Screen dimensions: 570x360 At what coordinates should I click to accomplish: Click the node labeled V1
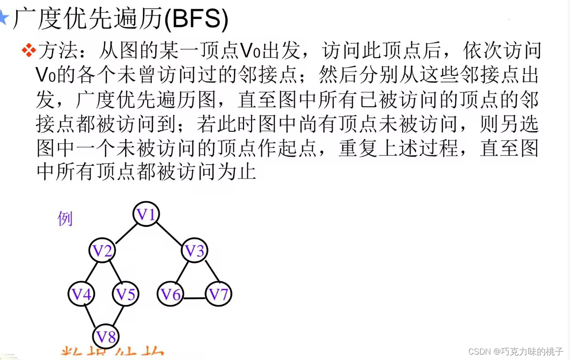coord(147,215)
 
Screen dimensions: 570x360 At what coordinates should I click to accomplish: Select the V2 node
coord(103,251)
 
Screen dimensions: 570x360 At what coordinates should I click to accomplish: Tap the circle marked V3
coord(195,251)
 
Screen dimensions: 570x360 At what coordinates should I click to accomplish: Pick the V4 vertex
coord(82,294)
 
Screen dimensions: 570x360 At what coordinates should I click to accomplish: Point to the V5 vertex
coord(126,294)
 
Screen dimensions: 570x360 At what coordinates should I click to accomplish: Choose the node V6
coord(171,295)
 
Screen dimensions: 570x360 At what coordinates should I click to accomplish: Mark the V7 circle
coord(219,295)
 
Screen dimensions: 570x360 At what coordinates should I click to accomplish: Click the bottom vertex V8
coord(107,336)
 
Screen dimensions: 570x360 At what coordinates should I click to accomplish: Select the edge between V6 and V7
coord(195,298)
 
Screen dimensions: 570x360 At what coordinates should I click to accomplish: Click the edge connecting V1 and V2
coord(125,233)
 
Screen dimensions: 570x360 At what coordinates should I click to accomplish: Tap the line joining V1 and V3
coord(171,233)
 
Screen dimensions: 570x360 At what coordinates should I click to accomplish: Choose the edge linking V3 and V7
coord(210,271)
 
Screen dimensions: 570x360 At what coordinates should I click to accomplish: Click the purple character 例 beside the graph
coord(65,219)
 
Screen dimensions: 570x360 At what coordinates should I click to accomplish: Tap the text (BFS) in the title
coord(197,19)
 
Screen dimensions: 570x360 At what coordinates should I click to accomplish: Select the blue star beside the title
coord(3,18)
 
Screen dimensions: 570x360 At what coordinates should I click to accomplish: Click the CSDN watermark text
coord(516,351)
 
